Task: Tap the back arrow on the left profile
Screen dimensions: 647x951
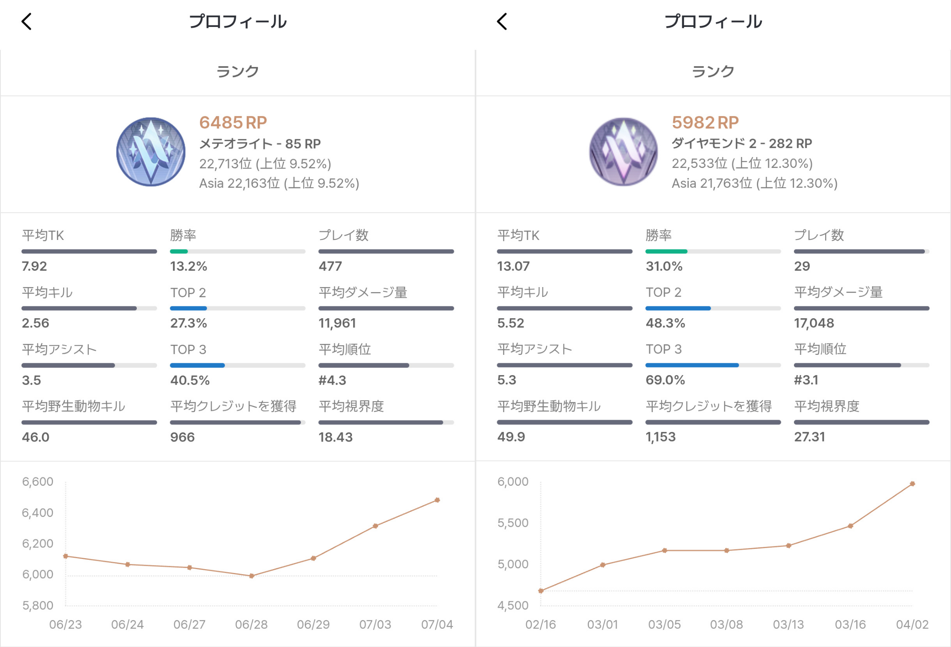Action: point(27,21)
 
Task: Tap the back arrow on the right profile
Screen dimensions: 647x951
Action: point(502,21)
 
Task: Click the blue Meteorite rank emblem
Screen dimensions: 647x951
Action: point(151,152)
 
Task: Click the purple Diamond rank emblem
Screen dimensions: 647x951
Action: point(623,152)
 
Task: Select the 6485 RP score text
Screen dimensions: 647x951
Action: point(233,122)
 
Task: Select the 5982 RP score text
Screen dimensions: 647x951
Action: point(705,122)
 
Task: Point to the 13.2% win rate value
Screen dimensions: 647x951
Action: point(188,266)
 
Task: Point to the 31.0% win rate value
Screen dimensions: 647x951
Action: point(664,266)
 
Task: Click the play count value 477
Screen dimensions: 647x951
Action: point(330,266)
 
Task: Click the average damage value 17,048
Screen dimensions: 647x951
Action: point(814,323)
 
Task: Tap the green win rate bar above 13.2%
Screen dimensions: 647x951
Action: point(179,251)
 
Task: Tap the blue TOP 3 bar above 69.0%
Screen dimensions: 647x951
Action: point(692,365)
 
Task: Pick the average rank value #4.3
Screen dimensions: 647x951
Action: point(332,380)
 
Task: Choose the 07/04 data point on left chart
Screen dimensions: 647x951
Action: point(437,500)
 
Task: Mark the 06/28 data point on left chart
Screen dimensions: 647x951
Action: point(251,576)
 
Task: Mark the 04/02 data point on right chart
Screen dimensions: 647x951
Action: point(912,484)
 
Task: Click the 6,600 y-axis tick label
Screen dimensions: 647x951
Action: point(37,482)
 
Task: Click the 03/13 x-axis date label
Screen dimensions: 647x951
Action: point(788,624)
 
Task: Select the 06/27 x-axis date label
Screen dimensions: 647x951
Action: point(189,624)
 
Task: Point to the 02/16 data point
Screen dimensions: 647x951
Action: point(541,591)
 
